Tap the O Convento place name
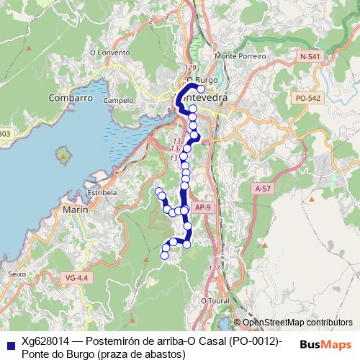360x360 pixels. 110,53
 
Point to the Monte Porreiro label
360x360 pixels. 240,56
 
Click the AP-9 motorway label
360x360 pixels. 204,208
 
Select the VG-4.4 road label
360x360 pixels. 75,277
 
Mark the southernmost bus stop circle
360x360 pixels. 164,255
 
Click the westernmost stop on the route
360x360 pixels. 159,191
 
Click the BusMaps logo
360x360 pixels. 325,343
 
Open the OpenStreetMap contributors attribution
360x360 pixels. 297,323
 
